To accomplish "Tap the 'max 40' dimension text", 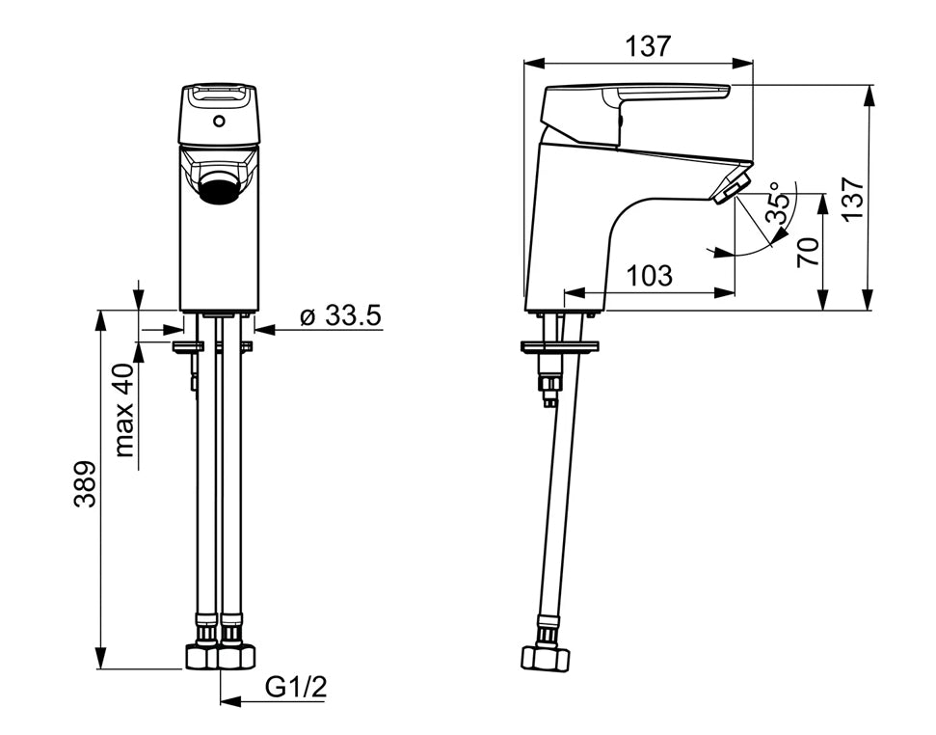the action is (124, 409).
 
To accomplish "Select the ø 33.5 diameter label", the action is (341, 315).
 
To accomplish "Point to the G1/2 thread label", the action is (296, 688).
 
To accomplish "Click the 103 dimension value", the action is (649, 276).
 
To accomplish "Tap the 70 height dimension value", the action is (808, 252).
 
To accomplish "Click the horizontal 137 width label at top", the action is (648, 45).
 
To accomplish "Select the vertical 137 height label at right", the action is (853, 199).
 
